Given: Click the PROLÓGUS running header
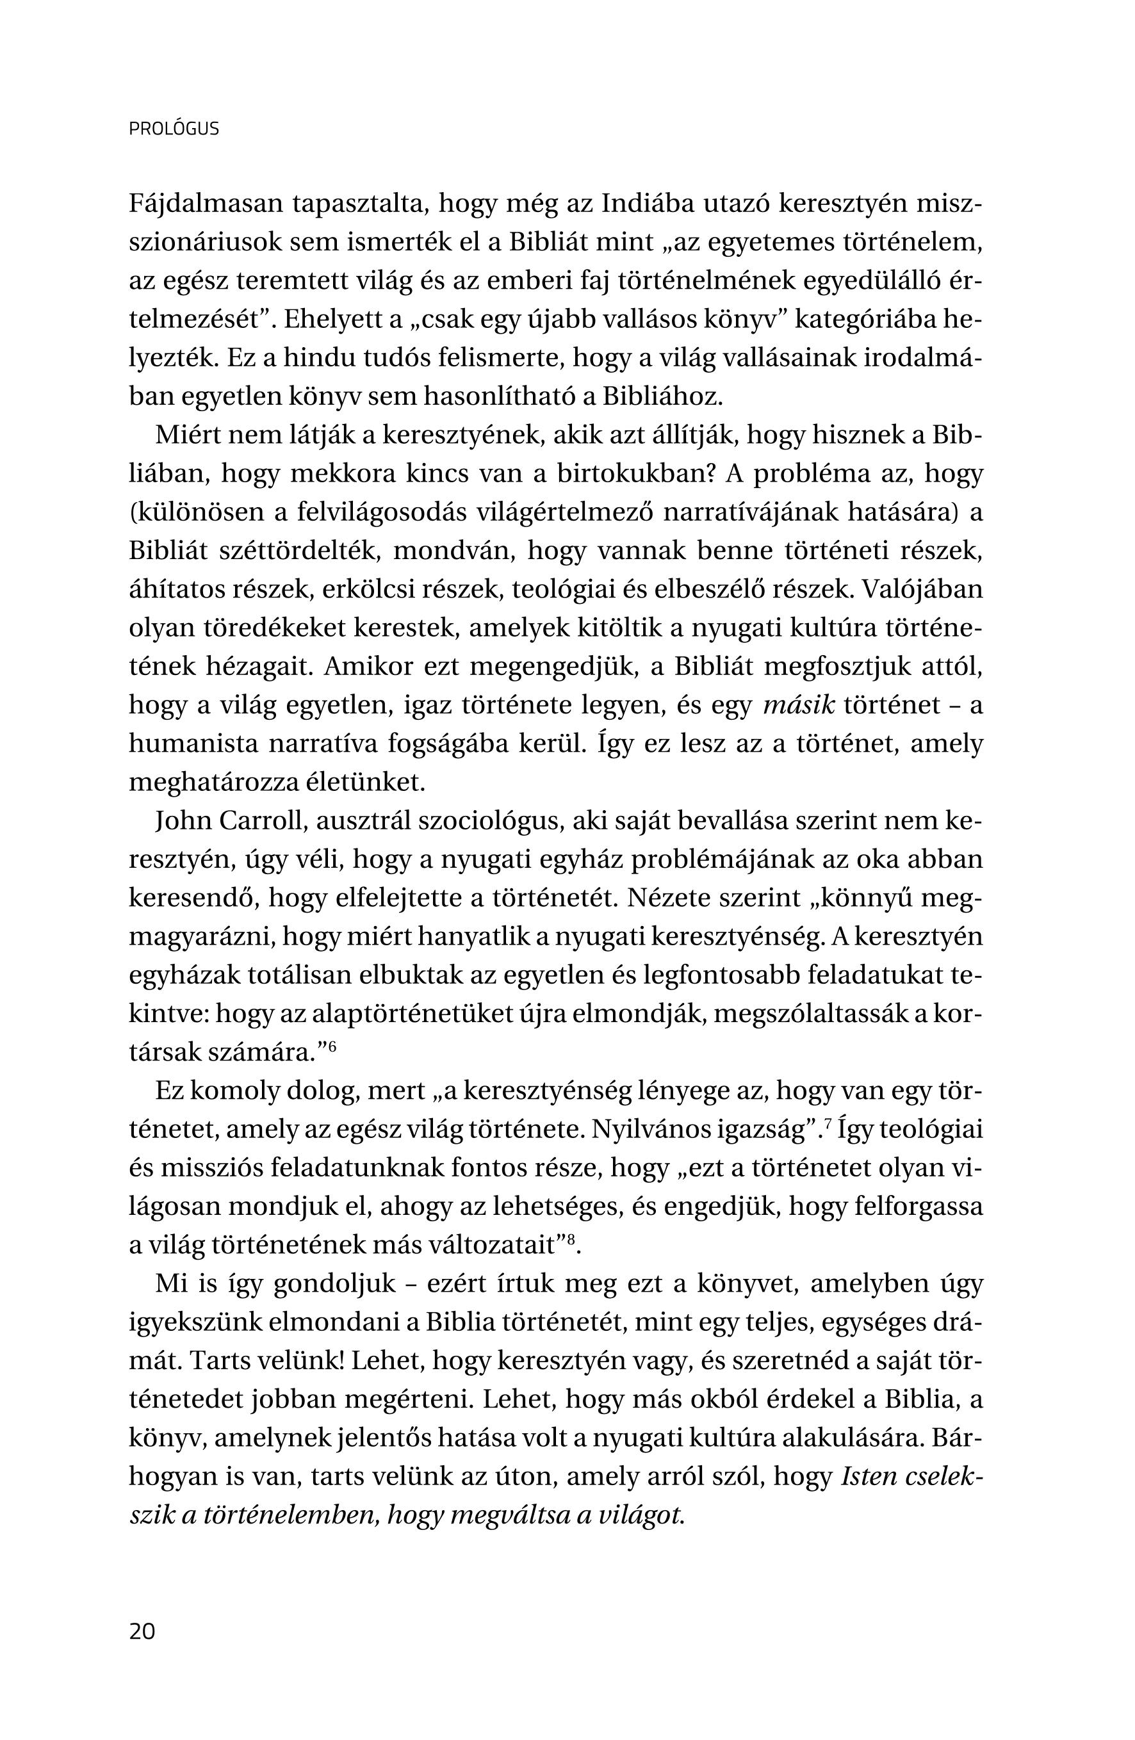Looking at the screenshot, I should pos(174,129).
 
